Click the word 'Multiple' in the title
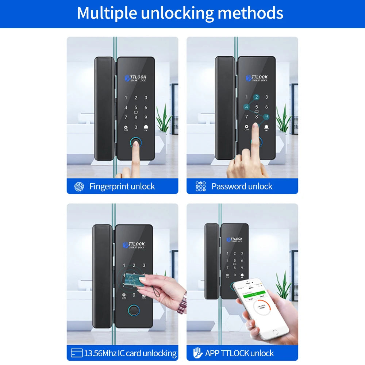(106, 13)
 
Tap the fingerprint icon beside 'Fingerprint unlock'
(79, 187)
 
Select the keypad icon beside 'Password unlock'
(201, 187)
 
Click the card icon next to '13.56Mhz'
(77, 353)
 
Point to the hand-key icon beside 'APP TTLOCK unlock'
(198, 353)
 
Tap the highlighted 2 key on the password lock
(257, 97)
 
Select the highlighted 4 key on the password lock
(247, 107)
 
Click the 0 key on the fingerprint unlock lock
(136, 127)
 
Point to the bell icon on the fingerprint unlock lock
(146, 127)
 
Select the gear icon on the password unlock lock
(246, 127)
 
